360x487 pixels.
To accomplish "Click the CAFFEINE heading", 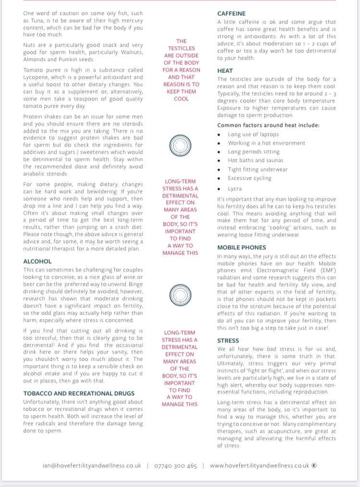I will point(231,13).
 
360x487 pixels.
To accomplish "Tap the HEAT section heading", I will point(225,70).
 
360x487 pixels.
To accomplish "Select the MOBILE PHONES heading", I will point(241,248).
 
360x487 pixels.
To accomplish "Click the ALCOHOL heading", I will point(37,261).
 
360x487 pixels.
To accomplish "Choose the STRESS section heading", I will point(228,341).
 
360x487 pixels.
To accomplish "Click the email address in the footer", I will point(92,465).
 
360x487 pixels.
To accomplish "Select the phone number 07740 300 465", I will point(175,465).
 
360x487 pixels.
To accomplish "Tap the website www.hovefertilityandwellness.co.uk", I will point(259,465).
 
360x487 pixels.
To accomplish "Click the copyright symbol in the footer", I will point(314,465).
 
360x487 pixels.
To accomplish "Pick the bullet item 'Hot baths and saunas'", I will point(255,160).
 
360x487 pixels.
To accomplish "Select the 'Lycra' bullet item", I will point(235,189).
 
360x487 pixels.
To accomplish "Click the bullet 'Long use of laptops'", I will point(253,134).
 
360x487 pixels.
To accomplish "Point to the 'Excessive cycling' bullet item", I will point(249,178).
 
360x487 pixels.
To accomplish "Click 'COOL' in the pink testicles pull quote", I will point(181,98).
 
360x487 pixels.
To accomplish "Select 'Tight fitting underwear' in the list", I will point(258,169).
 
